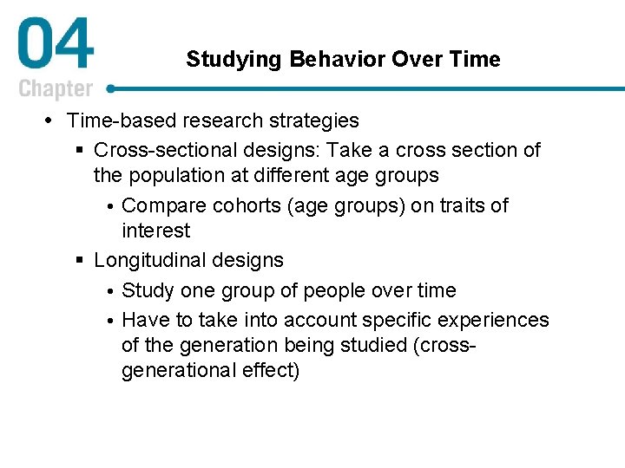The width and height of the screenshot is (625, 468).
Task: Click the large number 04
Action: tap(55, 47)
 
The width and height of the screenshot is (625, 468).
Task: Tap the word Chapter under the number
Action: tap(56, 89)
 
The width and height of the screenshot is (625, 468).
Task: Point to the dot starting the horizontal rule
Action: tap(111, 88)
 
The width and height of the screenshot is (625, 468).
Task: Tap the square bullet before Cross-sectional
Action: tap(80, 151)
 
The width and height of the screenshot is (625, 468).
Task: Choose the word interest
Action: tap(155, 231)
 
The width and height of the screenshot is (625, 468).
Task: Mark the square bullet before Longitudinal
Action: tap(80, 261)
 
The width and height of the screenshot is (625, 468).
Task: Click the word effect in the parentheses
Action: tap(273, 370)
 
